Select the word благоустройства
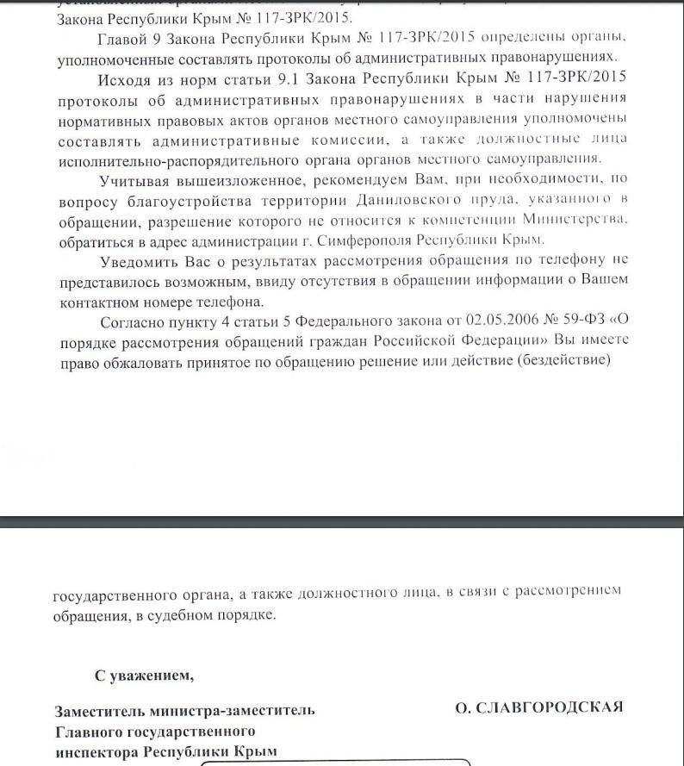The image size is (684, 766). tap(183, 200)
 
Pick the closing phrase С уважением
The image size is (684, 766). tap(145, 675)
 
